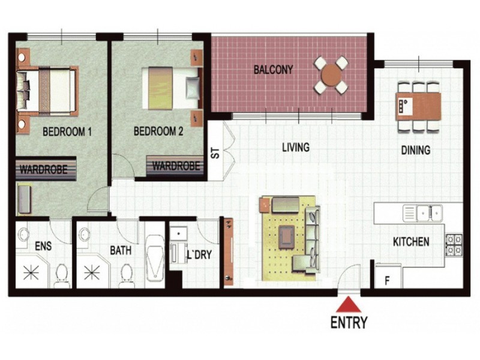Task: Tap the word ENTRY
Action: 349,322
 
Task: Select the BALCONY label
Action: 273,70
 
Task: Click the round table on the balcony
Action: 331,76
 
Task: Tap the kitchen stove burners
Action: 453,243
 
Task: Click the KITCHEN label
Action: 410,242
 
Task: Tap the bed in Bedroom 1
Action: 47,89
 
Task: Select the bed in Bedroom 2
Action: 169,88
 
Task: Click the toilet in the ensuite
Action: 61,274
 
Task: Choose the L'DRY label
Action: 199,254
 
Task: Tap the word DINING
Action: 415,151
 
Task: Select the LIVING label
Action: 296,147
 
